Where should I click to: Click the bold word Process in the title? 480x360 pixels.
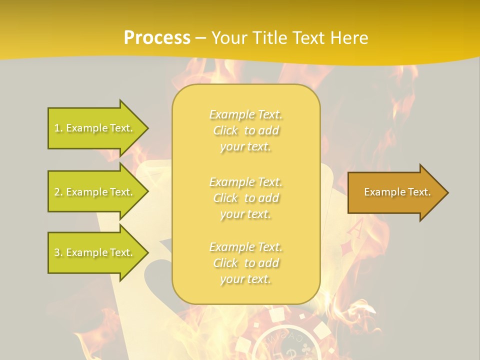(x=157, y=38)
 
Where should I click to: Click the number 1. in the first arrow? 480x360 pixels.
(x=58, y=128)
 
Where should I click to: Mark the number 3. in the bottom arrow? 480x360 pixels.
(x=58, y=253)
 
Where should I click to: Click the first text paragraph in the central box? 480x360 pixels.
(x=246, y=130)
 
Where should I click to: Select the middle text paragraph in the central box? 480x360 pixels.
(x=246, y=198)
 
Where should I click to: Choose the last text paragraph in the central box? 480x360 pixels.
(x=246, y=263)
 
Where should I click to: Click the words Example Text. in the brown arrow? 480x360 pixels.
(x=397, y=192)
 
